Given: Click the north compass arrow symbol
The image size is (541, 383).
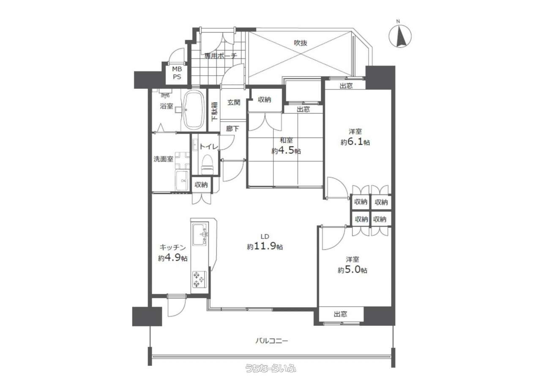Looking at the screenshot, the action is tap(400, 37).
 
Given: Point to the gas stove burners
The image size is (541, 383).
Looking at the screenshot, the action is tap(199, 279).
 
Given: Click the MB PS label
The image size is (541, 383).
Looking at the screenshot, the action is tap(177, 73).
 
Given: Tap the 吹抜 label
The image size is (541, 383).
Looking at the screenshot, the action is tap(301, 43).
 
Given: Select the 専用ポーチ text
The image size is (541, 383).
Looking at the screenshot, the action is tap(221, 56).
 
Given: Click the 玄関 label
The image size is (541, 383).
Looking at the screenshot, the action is tap(234, 102).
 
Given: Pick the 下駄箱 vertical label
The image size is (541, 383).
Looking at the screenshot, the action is tap(214, 111).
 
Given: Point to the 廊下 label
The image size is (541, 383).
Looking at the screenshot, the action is tap(232, 129).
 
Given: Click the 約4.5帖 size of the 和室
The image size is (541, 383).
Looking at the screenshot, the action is tap(286, 151).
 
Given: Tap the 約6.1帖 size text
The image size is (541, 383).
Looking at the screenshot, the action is tap(355, 142).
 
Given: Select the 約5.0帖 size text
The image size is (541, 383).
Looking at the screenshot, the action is tap(352, 270).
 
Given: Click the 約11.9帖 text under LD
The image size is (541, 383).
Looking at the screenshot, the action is tap(265, 247).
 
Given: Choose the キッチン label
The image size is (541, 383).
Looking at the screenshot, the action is tap(173, 247).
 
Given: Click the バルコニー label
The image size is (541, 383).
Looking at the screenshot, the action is tap(272, 341).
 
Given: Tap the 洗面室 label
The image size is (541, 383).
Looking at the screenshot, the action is tap(164, 159).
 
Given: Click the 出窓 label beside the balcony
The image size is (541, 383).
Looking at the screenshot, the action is tap(341, 314).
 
